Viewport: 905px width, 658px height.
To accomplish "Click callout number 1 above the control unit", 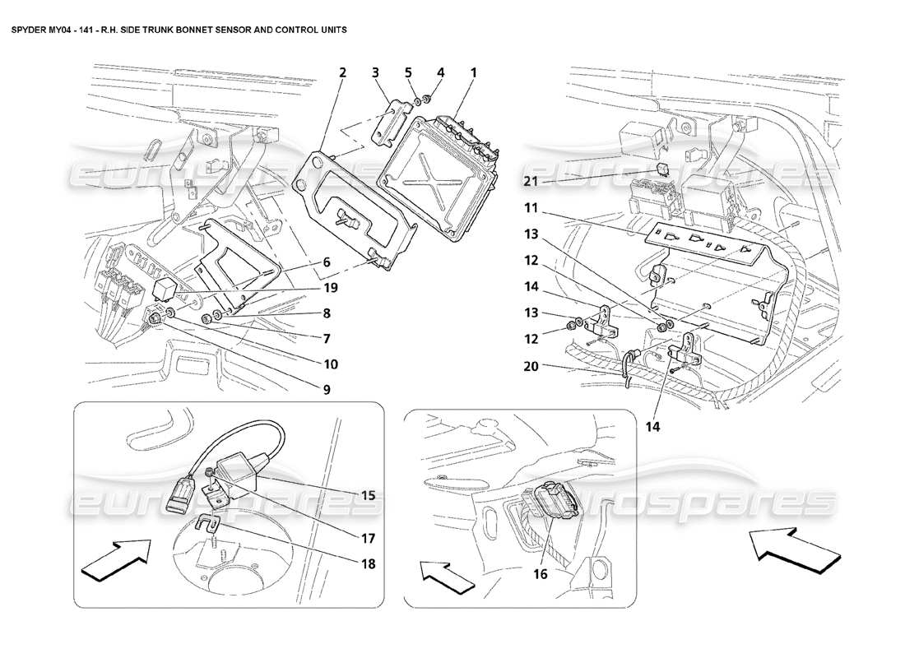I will [473, 73].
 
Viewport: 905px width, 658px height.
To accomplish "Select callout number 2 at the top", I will [342, 73].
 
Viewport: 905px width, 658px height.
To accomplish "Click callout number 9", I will [327, 390].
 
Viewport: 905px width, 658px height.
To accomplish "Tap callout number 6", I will [327, 262].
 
